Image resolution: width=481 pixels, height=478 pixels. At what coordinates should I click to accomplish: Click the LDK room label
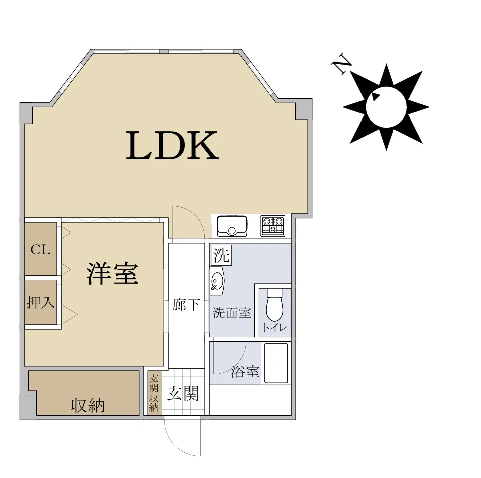click(173, 145)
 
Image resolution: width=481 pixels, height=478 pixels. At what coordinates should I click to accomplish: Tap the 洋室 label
click(112, 273)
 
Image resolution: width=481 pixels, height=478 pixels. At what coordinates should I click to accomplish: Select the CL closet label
click(40, 250)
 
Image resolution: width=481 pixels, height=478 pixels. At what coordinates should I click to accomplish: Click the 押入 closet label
click(41, 302)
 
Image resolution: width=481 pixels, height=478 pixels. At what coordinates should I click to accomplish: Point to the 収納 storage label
click(88, 405)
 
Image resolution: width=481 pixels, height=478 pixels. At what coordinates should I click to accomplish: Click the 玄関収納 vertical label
click(153, 393)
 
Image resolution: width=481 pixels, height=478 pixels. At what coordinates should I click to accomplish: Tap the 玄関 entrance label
click(183, 393)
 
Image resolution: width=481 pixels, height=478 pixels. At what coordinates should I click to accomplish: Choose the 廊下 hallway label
click(186, 305)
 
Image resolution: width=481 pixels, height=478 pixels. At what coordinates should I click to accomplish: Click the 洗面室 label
click(232, 313)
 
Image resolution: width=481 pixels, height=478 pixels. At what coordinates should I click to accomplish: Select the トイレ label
click(275, 328)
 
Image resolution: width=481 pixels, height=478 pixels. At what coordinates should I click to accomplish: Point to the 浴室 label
click(245, 371)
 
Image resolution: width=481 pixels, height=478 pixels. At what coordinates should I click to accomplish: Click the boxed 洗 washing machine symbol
click(221, 255)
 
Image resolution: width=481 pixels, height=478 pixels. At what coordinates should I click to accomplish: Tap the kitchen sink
click(232, 226)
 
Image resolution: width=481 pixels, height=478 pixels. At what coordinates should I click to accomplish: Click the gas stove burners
click(273, 226)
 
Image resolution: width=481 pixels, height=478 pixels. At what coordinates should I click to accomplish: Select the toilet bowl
click(274, 304)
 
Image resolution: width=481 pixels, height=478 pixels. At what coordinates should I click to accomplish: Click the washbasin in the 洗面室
click(217, 280)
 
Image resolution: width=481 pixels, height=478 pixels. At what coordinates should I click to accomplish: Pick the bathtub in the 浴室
click(276, 363)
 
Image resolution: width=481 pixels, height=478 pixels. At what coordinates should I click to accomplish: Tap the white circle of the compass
click(386, 107)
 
